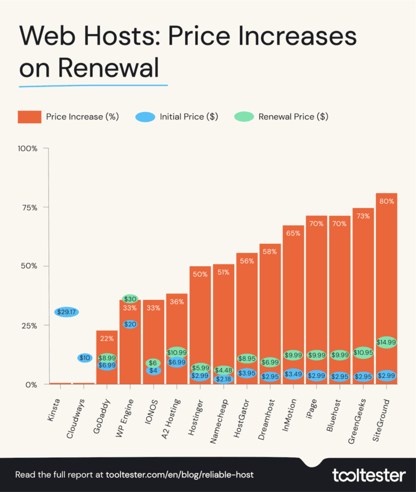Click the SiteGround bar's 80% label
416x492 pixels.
pyautogui.click(x=387, y=201)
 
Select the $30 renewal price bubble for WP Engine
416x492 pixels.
pyautogui.click(x=130, y=299)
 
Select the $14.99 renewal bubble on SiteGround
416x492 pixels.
pyautogui.click(x=387, y=342)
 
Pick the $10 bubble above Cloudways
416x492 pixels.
pyautogui.click(x=84, y=358)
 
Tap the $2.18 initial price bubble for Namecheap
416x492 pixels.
pyautogui.click(x=223, y=379)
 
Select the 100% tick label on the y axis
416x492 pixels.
pyautogui.click(x=27, y=148)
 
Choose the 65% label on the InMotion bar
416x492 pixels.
pyautogui.click(x=293, y=233)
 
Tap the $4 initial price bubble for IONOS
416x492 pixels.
pyautogui.click(x=154, y=370)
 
